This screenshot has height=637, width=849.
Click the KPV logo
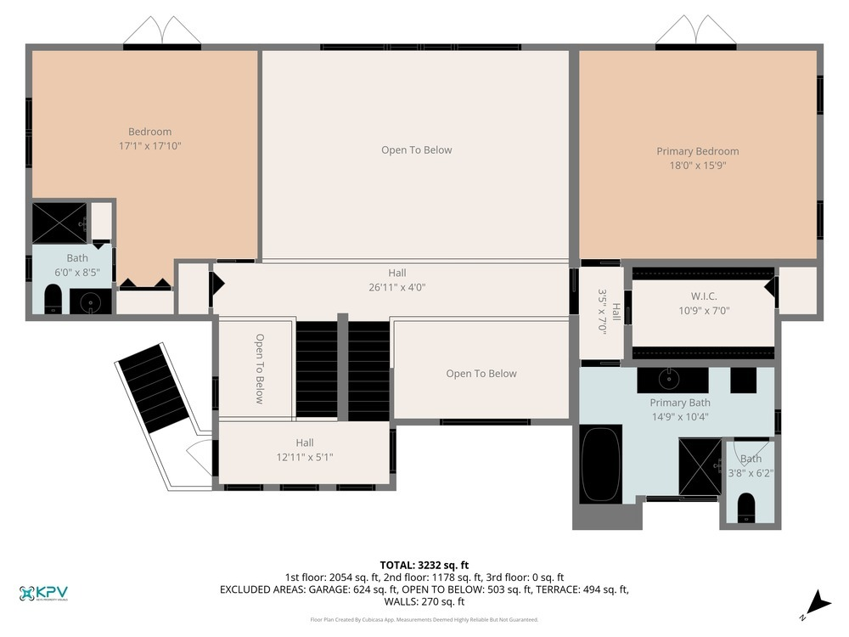[x=43, y=594]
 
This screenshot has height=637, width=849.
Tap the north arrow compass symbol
[x=818, y=602]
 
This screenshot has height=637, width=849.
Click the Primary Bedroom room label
[x=697, y=151]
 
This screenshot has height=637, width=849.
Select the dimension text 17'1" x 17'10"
[x=150, y=146]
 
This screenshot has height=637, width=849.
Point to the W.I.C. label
[x=704, y=296]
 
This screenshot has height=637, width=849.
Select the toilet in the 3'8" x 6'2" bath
[x=746, y=506]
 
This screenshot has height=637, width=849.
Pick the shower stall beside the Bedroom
[x=59, y=223]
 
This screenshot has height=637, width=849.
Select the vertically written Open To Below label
[x=260, y=368]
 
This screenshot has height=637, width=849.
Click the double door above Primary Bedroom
[x=695, y=31]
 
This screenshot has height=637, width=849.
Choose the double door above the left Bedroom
[x=162, y=31]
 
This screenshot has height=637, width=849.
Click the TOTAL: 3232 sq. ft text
[x=424, y=565]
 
